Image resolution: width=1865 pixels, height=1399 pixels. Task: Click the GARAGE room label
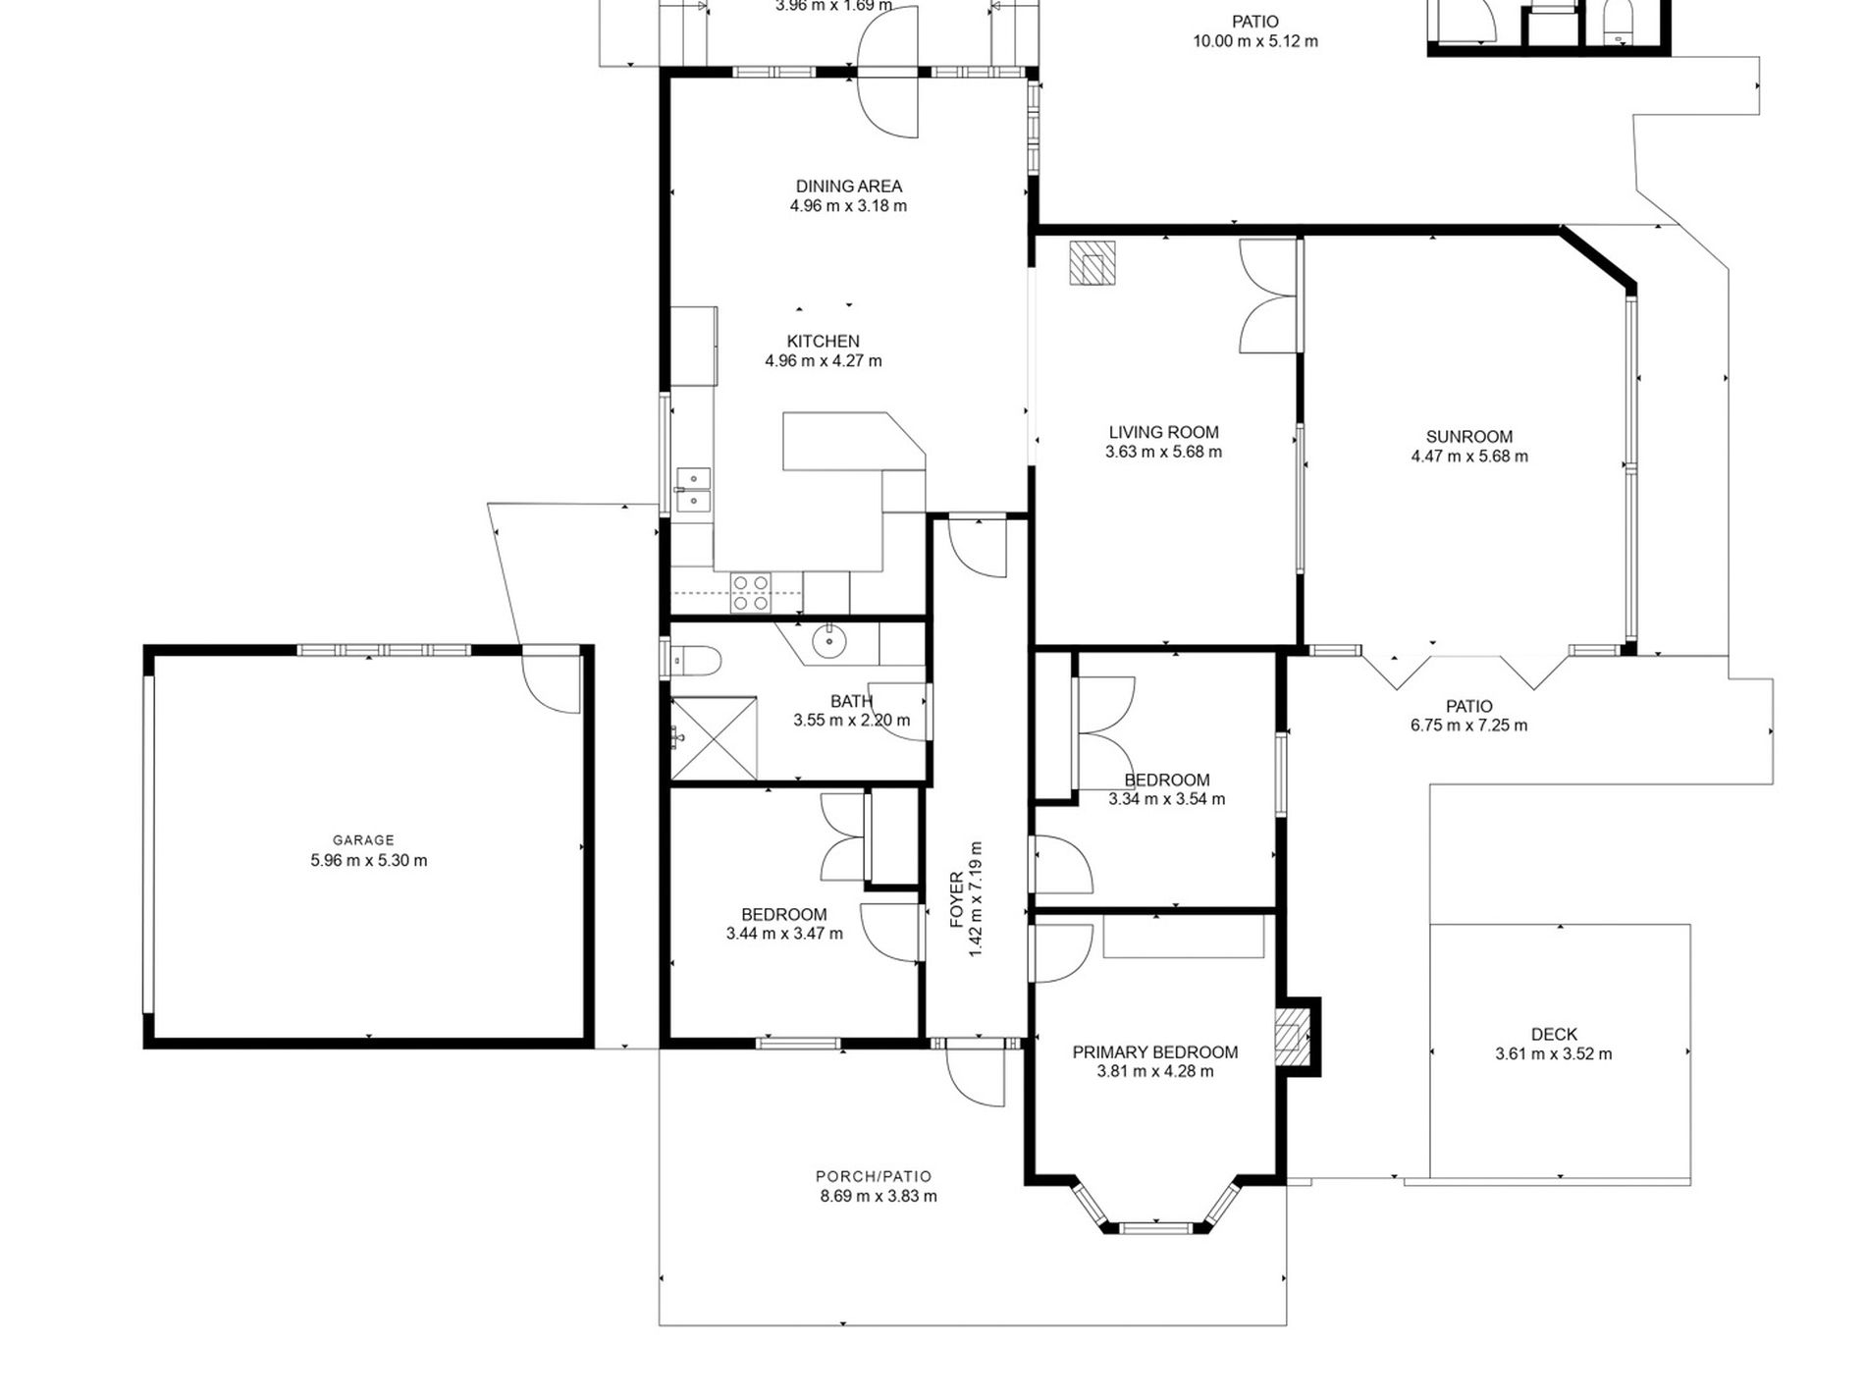[x=363, y=840]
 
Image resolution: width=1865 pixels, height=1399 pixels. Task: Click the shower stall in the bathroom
[x=714, y=737]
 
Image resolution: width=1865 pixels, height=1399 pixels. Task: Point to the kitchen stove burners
[x=751, y=593]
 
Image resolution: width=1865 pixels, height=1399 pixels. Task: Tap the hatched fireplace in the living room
[x=1092, y=262]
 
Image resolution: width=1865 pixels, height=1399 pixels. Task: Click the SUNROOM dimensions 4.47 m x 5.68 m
[x=1468, y=457]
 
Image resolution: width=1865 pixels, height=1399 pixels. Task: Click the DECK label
[x=1554, y=1034]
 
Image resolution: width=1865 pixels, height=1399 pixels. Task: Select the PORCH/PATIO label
[x=874, y=1176]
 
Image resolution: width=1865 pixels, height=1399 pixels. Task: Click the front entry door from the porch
[x=976, y=1076]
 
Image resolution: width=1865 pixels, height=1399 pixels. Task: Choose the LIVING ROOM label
[x=1163, y=432]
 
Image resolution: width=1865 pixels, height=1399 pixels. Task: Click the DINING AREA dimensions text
[x=848, y=206]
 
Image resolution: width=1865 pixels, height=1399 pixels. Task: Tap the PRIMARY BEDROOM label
[x=1154, y=1051]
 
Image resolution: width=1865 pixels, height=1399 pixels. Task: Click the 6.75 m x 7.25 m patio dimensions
[x=1468, y=726]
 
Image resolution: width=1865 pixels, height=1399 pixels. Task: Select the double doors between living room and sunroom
[x=1270, y=296]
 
